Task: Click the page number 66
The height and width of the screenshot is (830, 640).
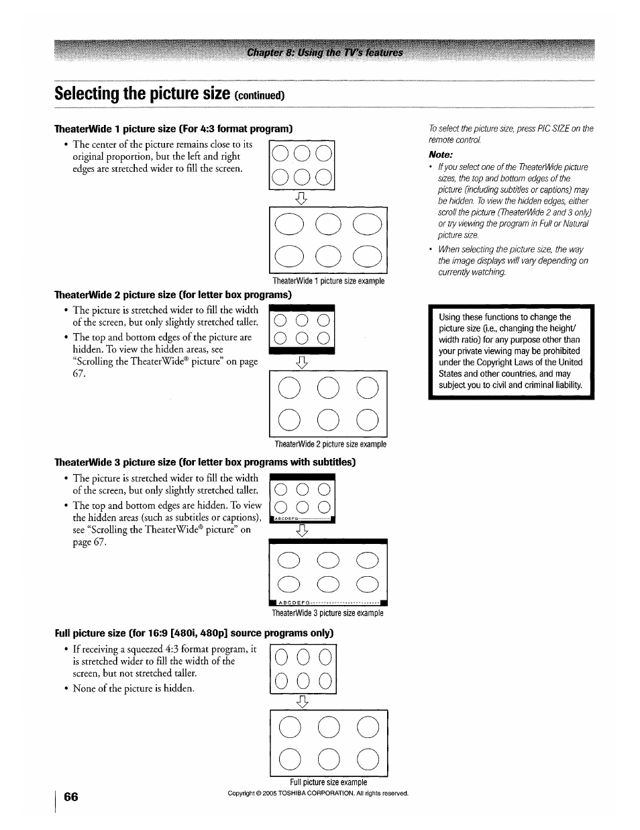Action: point(71,796)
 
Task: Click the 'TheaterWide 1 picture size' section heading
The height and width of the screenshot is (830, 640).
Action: point(174,128)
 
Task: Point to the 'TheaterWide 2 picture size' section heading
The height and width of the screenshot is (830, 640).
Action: point(173,295)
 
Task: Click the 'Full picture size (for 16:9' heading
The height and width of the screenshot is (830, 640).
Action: point(194,633)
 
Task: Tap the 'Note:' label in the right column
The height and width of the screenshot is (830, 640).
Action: point(441,154)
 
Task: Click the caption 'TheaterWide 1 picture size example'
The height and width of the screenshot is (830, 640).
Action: point(328,281)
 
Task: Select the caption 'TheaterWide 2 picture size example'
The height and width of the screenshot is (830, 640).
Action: point(330,445)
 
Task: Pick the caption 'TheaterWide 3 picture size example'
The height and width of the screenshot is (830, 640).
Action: point(327,613)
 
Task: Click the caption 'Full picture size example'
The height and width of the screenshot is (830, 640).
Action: point(328,782)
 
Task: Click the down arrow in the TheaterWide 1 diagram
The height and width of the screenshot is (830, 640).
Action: point(302,198)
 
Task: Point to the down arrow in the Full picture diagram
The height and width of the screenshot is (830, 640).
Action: point(303,702)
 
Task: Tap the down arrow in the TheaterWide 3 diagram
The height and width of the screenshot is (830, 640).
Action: point(303,531)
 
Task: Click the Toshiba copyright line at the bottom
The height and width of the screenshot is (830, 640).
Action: point(318,794)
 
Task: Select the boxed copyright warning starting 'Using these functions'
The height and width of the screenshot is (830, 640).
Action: point(511,351)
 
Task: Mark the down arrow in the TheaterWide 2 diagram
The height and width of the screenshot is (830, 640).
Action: point(302,363)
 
